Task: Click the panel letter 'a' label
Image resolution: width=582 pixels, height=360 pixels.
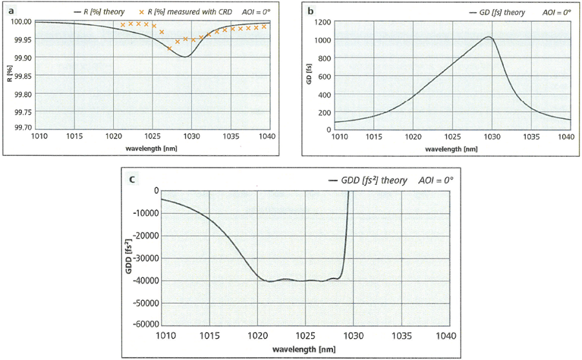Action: click(10, 10)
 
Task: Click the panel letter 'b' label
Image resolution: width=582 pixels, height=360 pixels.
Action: click(311, 10)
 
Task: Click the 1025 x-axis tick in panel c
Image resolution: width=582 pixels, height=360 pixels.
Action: click(305, 336)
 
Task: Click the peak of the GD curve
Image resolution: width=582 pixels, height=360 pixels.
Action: click(490, 37)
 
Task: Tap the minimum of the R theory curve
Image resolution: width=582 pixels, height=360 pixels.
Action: click(186, 57)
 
